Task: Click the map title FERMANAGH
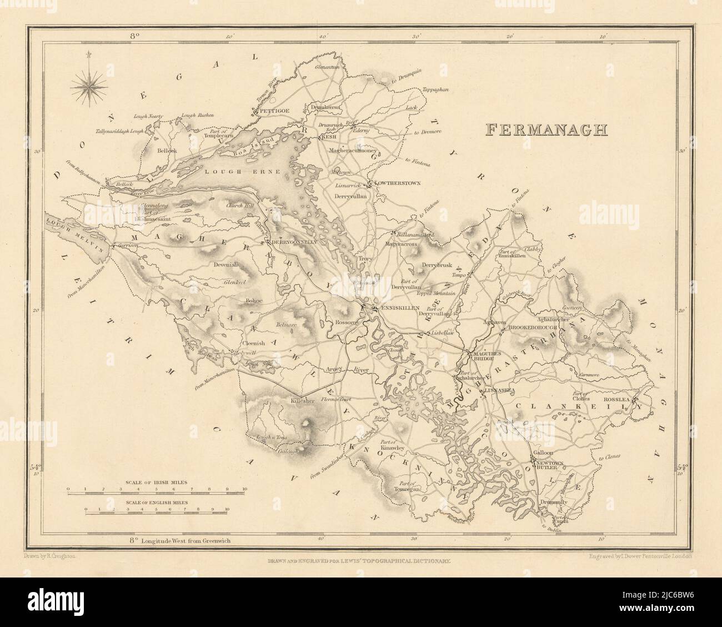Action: (546, 130)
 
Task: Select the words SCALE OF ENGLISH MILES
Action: (156, 501)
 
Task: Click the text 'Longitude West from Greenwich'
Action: (183, 540)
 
